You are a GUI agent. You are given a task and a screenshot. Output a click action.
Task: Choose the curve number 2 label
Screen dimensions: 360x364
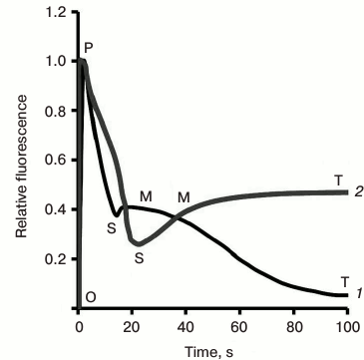click(x=356, y=190)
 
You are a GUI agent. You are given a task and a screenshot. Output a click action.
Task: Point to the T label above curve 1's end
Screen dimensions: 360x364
click(x=344, y=281)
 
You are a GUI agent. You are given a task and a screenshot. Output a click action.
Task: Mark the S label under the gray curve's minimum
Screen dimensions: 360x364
click(x=139, y=257)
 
